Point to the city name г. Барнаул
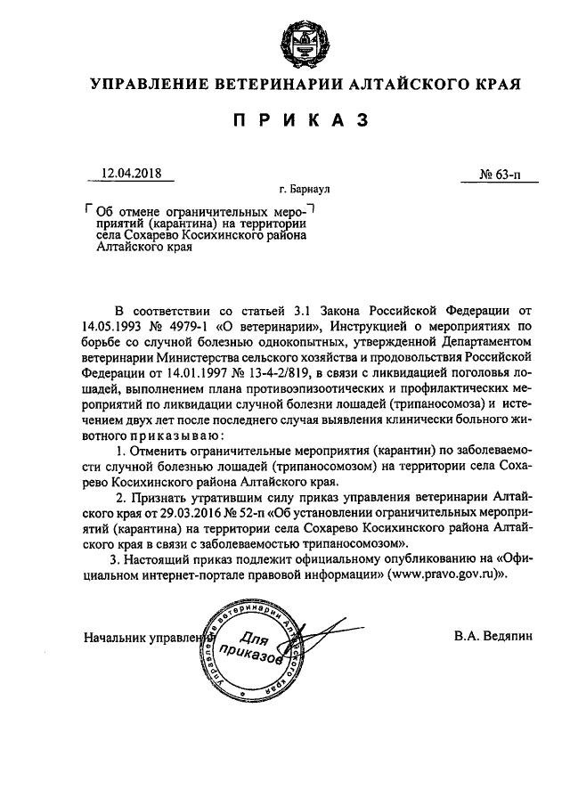coord(304,190)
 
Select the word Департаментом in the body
coord(463,342)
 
